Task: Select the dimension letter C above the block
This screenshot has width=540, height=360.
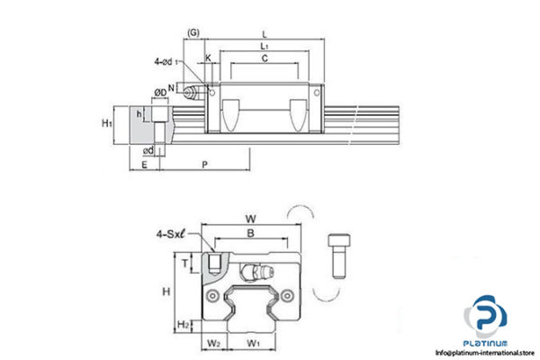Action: (x=264, y=58)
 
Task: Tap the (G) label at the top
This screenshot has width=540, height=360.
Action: (x=193, y=33)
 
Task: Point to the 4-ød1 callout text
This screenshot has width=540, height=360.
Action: (x=168, y=62)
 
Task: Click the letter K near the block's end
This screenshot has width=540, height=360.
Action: (x=209, y=58)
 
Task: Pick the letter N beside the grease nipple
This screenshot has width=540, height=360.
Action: (x=171, y=87)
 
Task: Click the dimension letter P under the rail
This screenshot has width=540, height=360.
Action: (x=206, y=164)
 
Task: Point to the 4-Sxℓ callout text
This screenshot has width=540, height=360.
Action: (x=170, y=237)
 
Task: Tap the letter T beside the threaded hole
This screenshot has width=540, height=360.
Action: (x=185, y=264)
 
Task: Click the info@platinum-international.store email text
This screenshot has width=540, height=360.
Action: (x=484, y=352)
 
